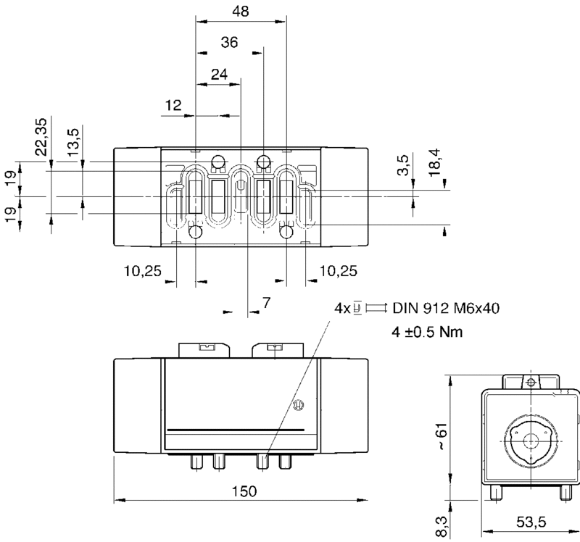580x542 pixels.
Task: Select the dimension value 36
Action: pos(230,43)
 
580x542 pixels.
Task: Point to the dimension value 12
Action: pos(173,105)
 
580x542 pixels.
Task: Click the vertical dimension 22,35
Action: pos(41,136)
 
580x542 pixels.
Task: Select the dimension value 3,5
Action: pos(404,164)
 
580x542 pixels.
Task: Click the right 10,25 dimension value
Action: pos(338,272)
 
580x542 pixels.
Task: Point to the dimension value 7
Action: pos(267,303)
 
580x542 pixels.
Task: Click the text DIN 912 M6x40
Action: pos(446,308)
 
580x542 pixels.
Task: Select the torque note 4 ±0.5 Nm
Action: pos(427,332)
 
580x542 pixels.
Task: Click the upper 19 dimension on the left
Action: pos(10,178)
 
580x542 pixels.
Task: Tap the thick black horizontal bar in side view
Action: pos(236,430)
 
